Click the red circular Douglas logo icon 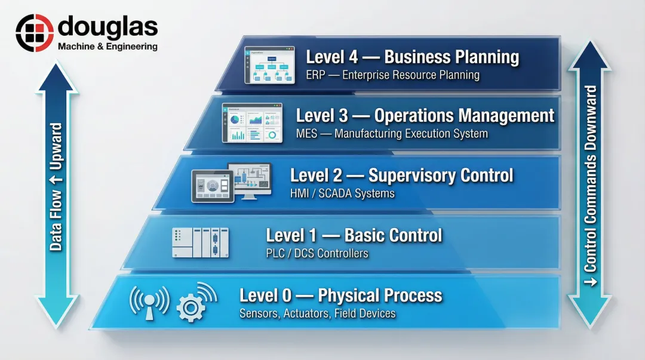pos(34,33)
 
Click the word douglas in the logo pos(107,27)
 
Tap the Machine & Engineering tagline pos(107,47)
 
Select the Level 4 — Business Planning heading pos(412,57)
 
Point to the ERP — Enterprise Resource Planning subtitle pos(392,75)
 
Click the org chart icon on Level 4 pos(270,65)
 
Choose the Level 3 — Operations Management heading pos(425,115)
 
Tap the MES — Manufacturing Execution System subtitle pos(392,134)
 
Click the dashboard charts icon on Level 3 pos(252,123)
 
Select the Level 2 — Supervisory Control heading pos(401,175)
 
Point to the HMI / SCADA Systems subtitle pos(342,193)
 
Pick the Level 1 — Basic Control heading pos(354,235)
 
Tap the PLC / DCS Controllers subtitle pos(317,253)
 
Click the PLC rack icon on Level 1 pos(201,242)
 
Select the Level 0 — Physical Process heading pos(340,295)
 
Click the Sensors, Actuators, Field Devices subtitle pos(317,313)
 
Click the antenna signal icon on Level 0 pos(149,301)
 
